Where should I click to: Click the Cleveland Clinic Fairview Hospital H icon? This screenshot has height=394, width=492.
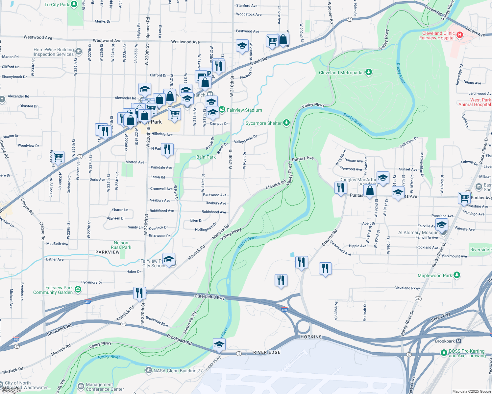[460, 35]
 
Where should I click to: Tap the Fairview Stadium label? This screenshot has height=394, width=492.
[244, 110]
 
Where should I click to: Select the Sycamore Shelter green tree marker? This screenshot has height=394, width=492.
[286, 123]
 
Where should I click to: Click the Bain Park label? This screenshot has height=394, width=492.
[206, 157]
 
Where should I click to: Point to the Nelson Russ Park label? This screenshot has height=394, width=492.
[121, 245]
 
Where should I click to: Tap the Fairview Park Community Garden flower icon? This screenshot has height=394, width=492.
[78, 289]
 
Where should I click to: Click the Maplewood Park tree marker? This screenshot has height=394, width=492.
[456, 275]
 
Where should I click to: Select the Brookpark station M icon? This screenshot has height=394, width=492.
[458, 341]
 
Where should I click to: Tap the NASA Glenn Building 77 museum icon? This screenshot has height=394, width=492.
[148, 370]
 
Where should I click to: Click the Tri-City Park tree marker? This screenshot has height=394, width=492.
[74, 4]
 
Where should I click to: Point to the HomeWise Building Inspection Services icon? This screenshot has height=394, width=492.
[79, 51]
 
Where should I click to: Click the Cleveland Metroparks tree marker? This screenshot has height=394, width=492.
[369, 72]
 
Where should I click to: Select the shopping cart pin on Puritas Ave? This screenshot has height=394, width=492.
[464, 198]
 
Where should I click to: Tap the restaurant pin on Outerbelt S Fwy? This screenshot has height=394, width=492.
[139, 293]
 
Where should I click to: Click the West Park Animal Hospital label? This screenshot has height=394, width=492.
[475, 102]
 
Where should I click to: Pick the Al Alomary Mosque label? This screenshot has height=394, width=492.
[418, 232]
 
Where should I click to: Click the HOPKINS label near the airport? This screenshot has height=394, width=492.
[311, 337]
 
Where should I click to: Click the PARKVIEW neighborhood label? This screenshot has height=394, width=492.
[108, 252]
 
